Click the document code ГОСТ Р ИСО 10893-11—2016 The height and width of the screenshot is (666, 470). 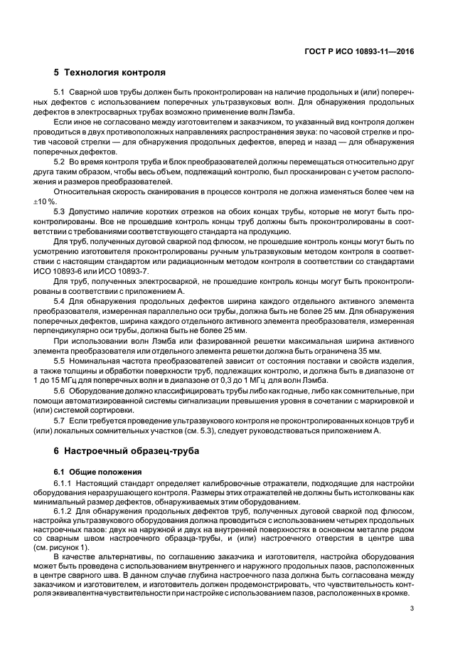coord(370,52)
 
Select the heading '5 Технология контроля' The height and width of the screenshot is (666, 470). coord(110,72)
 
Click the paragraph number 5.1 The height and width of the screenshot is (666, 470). coord(60,92)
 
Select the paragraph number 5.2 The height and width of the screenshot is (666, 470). coord(60,162)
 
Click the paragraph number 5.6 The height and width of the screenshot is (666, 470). coord(60,391)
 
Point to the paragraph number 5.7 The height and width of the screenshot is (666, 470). coord(60,421)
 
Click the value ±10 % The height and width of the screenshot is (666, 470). coord(66,202)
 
